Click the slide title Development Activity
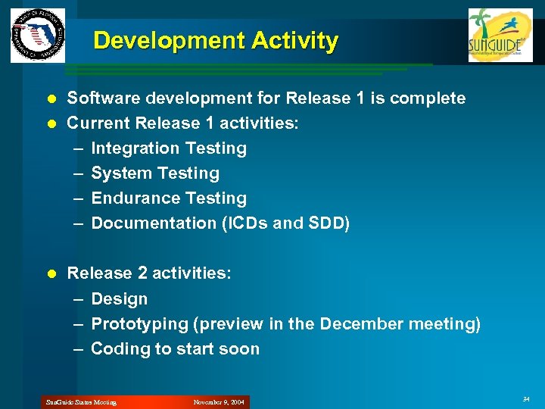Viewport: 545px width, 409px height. click(216, 40)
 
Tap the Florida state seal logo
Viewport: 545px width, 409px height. click(38, 36)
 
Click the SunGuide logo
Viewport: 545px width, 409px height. click(500, 35)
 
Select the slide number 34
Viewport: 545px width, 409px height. click(526, 398)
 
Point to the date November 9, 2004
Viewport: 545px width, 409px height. click(220, 402)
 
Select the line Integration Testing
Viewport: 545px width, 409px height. click(168, 148)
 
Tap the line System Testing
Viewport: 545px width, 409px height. click(154, 173)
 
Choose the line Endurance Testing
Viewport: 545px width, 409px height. click(168, 198)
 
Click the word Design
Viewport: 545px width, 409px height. click(119, 299)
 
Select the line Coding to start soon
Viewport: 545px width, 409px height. click(175, 349)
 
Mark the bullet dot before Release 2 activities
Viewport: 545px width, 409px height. click(51, 273)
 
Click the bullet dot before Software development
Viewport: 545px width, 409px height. click(51, 98)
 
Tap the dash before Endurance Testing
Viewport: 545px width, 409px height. click(78, 198)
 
